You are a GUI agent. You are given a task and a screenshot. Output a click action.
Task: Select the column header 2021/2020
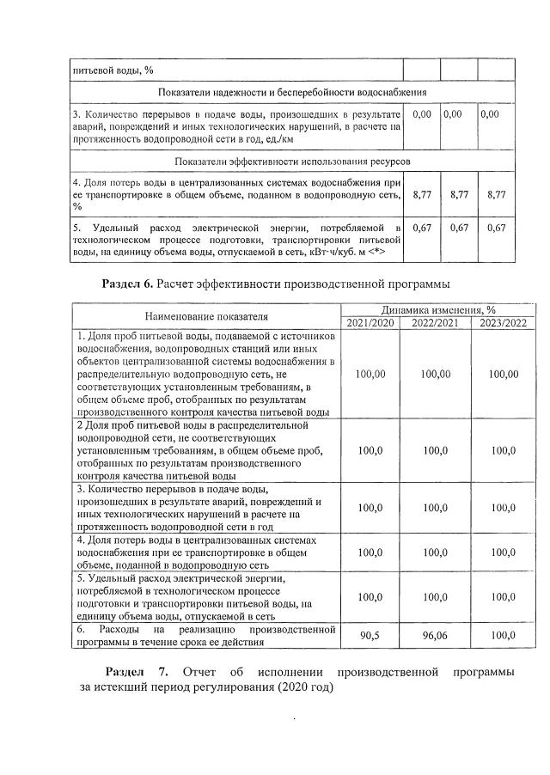[x=370, y=322]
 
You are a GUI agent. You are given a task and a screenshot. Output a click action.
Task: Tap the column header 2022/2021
[x=435, y=322]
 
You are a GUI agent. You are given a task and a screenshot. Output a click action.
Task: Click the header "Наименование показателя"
[x=206, y=316]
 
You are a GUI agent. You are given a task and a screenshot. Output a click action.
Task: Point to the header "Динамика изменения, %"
[x=437, y=309]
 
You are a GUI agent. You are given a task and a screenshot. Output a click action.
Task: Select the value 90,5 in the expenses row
[x=370, y=636]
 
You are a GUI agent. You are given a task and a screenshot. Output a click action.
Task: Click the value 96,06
[x=435, y=636]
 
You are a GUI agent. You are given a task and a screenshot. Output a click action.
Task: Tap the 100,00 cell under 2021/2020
[x=370, y=374]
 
